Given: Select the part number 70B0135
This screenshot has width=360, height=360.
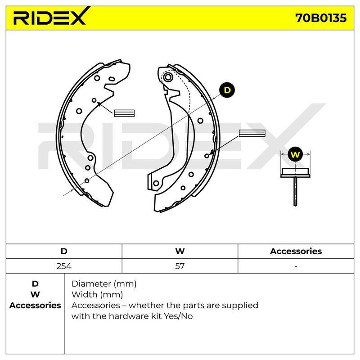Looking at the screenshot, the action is click(321, 18).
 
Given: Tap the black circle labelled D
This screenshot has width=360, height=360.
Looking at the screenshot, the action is click(227, 90).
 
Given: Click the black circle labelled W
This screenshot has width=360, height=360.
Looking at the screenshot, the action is click(295, 154).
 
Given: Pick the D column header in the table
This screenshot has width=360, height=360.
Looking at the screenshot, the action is click(64, 251).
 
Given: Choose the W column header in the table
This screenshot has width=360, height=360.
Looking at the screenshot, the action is click(180, 251).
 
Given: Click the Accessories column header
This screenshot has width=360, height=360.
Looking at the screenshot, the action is click(296, 251).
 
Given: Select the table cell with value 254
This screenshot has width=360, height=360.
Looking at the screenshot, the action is click(64, 266).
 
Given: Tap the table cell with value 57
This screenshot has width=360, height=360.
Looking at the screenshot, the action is click(180, 266).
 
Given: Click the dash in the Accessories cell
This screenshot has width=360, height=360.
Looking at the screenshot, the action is click(296, 266).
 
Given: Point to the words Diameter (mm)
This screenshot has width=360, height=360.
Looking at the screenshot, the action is click(104, 284).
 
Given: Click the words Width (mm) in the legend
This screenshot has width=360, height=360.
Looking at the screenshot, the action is click(97, 295).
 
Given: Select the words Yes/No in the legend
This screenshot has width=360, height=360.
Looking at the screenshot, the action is click(178, 316).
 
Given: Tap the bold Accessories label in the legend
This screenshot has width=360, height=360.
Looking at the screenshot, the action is click(35, 306).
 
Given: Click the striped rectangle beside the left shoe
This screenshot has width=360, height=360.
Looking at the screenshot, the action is click(124, 113).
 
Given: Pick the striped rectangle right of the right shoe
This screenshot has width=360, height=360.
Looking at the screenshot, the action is click(252, 133).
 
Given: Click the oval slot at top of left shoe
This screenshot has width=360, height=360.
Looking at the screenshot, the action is click(111, 79).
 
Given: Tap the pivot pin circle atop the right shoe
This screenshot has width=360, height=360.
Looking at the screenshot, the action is click(168, 77).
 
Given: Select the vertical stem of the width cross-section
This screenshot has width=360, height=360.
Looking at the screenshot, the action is click(295, 192).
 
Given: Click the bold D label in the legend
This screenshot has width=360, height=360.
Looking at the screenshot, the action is click(35, 284).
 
